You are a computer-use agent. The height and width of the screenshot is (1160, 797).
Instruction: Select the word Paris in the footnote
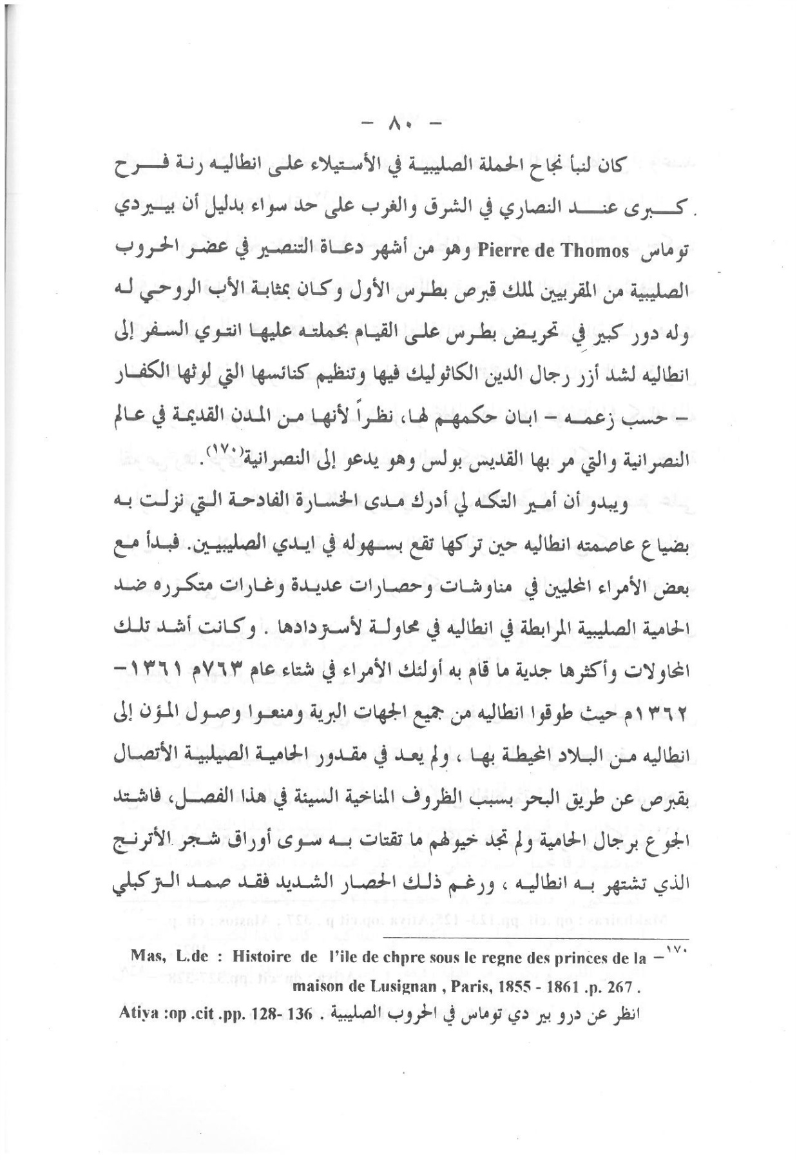[x=452, y=987]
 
